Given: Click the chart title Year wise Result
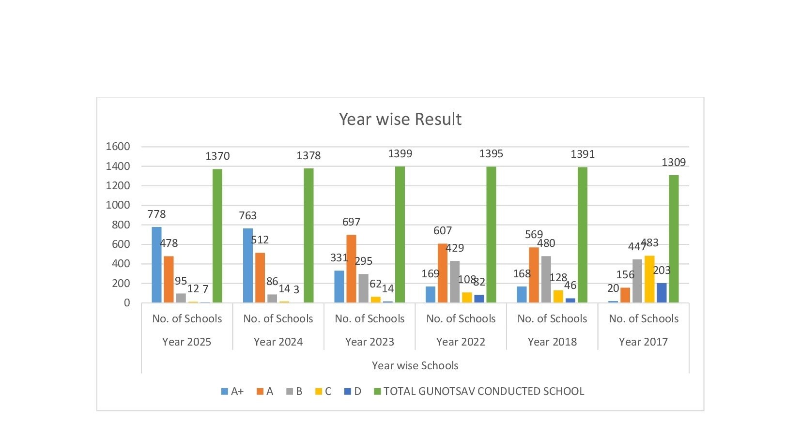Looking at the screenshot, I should (400, 119).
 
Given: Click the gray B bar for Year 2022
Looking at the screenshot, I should (454, 282).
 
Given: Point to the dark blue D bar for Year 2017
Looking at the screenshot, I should (662, 293).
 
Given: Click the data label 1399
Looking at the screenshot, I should (400, 154).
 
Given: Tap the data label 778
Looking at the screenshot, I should (156, 214).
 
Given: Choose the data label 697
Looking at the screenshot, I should (351, 222).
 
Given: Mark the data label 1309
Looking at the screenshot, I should (674, 163).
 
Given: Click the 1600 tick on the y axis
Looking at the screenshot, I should (118, 147).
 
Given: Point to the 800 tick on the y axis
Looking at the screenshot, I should (121, 225).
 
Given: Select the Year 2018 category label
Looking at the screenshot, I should (552, 342).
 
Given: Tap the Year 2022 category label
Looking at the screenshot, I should (461, 342).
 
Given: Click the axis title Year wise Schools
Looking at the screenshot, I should (415, 365).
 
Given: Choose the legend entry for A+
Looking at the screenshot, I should (232, 392).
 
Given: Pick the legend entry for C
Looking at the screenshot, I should (323, 392).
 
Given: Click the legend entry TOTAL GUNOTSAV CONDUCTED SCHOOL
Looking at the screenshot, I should (479, 392).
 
